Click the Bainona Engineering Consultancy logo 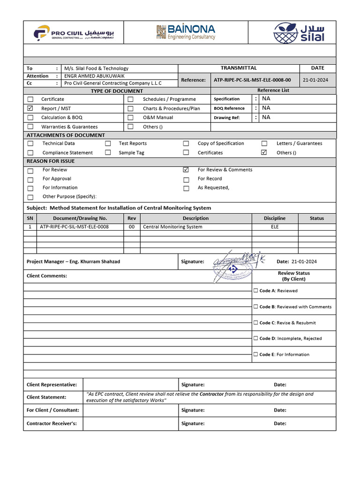tap(186, 32)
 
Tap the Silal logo tap(299, 32)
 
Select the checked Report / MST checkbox tap(30, 108)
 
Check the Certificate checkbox tap(30, 99)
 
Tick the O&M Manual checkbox tap(130, 118)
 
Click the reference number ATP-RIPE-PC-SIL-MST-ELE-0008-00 tap(252, 80)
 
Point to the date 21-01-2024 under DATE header tap(316, 80)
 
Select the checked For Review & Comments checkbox tap(186, 170)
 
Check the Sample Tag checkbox tap(108, 153)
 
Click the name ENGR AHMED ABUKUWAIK tap(94, 76)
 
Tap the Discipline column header tap(274, 218)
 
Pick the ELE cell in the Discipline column tap(274, 227)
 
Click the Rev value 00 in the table tap(132, 227)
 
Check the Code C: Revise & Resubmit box tap(255, 322)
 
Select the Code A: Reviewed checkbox tap(255, 291)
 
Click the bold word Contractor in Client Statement tap(212, 394)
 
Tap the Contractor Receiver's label tap(52, 424)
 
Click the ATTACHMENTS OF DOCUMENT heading tap(66, 135)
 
